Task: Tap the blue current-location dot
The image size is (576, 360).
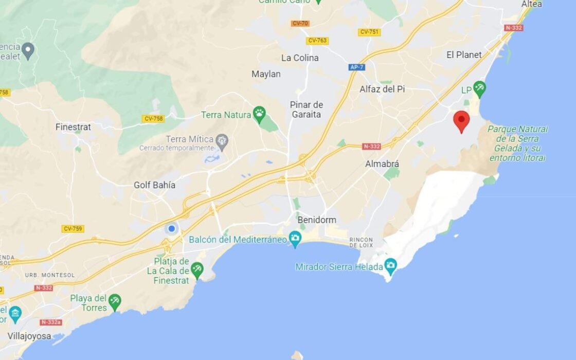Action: (171, 228)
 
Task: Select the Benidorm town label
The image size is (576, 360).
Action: (316, 220)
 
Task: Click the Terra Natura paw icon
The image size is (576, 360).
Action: (260, 114)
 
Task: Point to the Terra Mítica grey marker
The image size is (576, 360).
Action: (222, 140)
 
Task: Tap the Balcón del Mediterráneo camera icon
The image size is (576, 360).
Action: (295, 238)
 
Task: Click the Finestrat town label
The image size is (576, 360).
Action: (73, 127)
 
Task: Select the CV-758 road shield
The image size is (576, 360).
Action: (153, 119)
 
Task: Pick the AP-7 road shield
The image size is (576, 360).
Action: (356, 67)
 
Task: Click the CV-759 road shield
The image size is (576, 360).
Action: (73, 229)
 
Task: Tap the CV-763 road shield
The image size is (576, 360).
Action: (317, 41)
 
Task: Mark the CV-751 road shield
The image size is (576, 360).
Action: (369, 32)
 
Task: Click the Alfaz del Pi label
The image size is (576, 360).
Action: (382, 89)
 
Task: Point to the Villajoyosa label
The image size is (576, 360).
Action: (29, 336)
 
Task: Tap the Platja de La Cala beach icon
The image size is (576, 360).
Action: (197, 268)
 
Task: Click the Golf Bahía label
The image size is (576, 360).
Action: (154, 185)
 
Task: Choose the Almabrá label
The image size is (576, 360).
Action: (382, 164)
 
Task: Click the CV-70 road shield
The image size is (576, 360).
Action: (300, 23)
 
